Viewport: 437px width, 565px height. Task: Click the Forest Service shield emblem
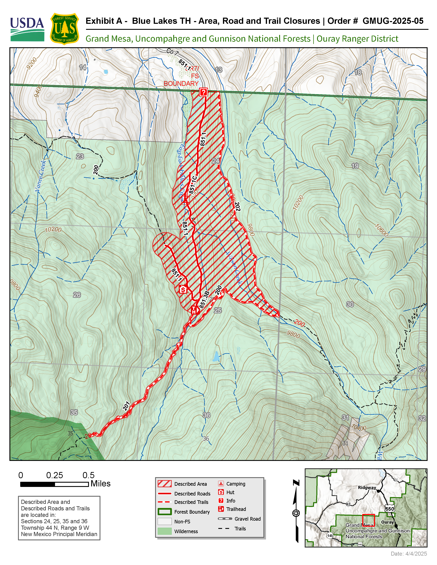click(64, 29)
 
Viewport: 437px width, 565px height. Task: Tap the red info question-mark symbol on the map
click(203, 92)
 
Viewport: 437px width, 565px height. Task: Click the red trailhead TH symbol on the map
click(194, 310)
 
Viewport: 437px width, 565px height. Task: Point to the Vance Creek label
click(41, 176)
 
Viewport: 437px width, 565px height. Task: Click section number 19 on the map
click(355, 166)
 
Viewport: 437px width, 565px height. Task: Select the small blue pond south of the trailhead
click(216, 356)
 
